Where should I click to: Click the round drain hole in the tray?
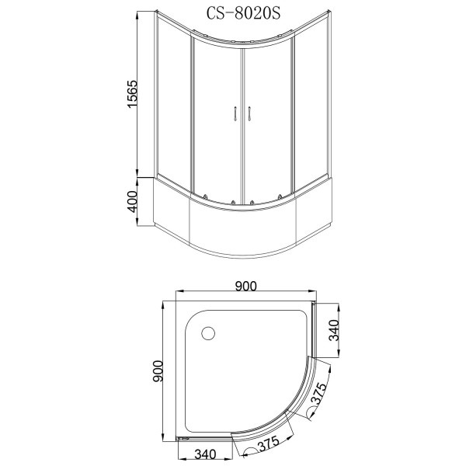[x=207, y=334]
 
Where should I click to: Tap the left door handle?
[x=234, y=114]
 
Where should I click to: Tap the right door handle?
[x=250, y=114]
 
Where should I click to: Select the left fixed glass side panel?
[x=172, y=109]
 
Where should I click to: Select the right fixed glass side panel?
[x=310, y=109]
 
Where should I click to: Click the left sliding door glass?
[x=216, y=116]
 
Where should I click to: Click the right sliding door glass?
[x=268, y=116]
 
